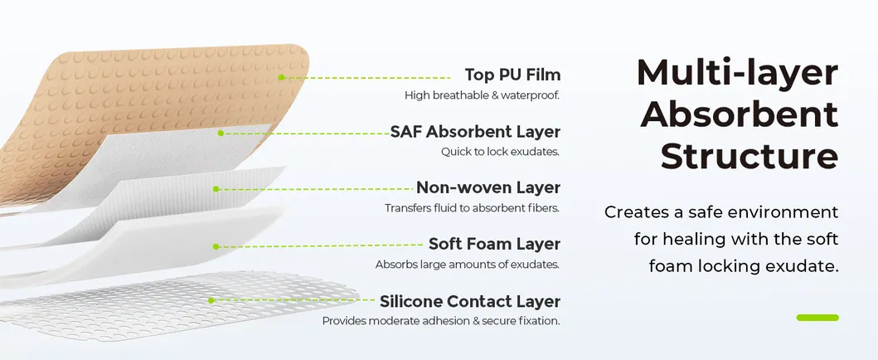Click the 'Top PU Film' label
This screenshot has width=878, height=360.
point(512,75)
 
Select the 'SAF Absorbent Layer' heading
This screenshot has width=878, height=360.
point(475,131)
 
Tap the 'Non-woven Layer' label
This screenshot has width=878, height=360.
point(488,187)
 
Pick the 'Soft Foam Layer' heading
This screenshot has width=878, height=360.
point(494,244)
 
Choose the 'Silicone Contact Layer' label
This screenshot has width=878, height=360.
point(469,301)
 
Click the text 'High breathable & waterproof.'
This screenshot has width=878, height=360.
point(482,95)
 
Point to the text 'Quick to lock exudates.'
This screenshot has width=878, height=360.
point(500,152)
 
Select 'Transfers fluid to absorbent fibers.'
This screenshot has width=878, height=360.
point(472,208)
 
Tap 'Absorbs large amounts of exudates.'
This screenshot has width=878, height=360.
point(468,265)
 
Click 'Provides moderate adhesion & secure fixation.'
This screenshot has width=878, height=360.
point(441,321)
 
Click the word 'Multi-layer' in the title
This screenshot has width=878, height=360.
point(737,73)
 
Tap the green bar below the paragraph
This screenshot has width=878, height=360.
point(817,318)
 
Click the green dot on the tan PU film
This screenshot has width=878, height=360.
point(281,77)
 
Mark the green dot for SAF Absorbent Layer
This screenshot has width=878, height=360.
point(221,133)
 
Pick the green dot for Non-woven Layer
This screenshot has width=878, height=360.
point(216,189)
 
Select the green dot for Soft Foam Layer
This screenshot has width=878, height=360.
point(215,246)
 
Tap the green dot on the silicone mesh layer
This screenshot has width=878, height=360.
point(211,300)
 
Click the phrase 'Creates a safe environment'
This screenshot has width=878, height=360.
point(721,212)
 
